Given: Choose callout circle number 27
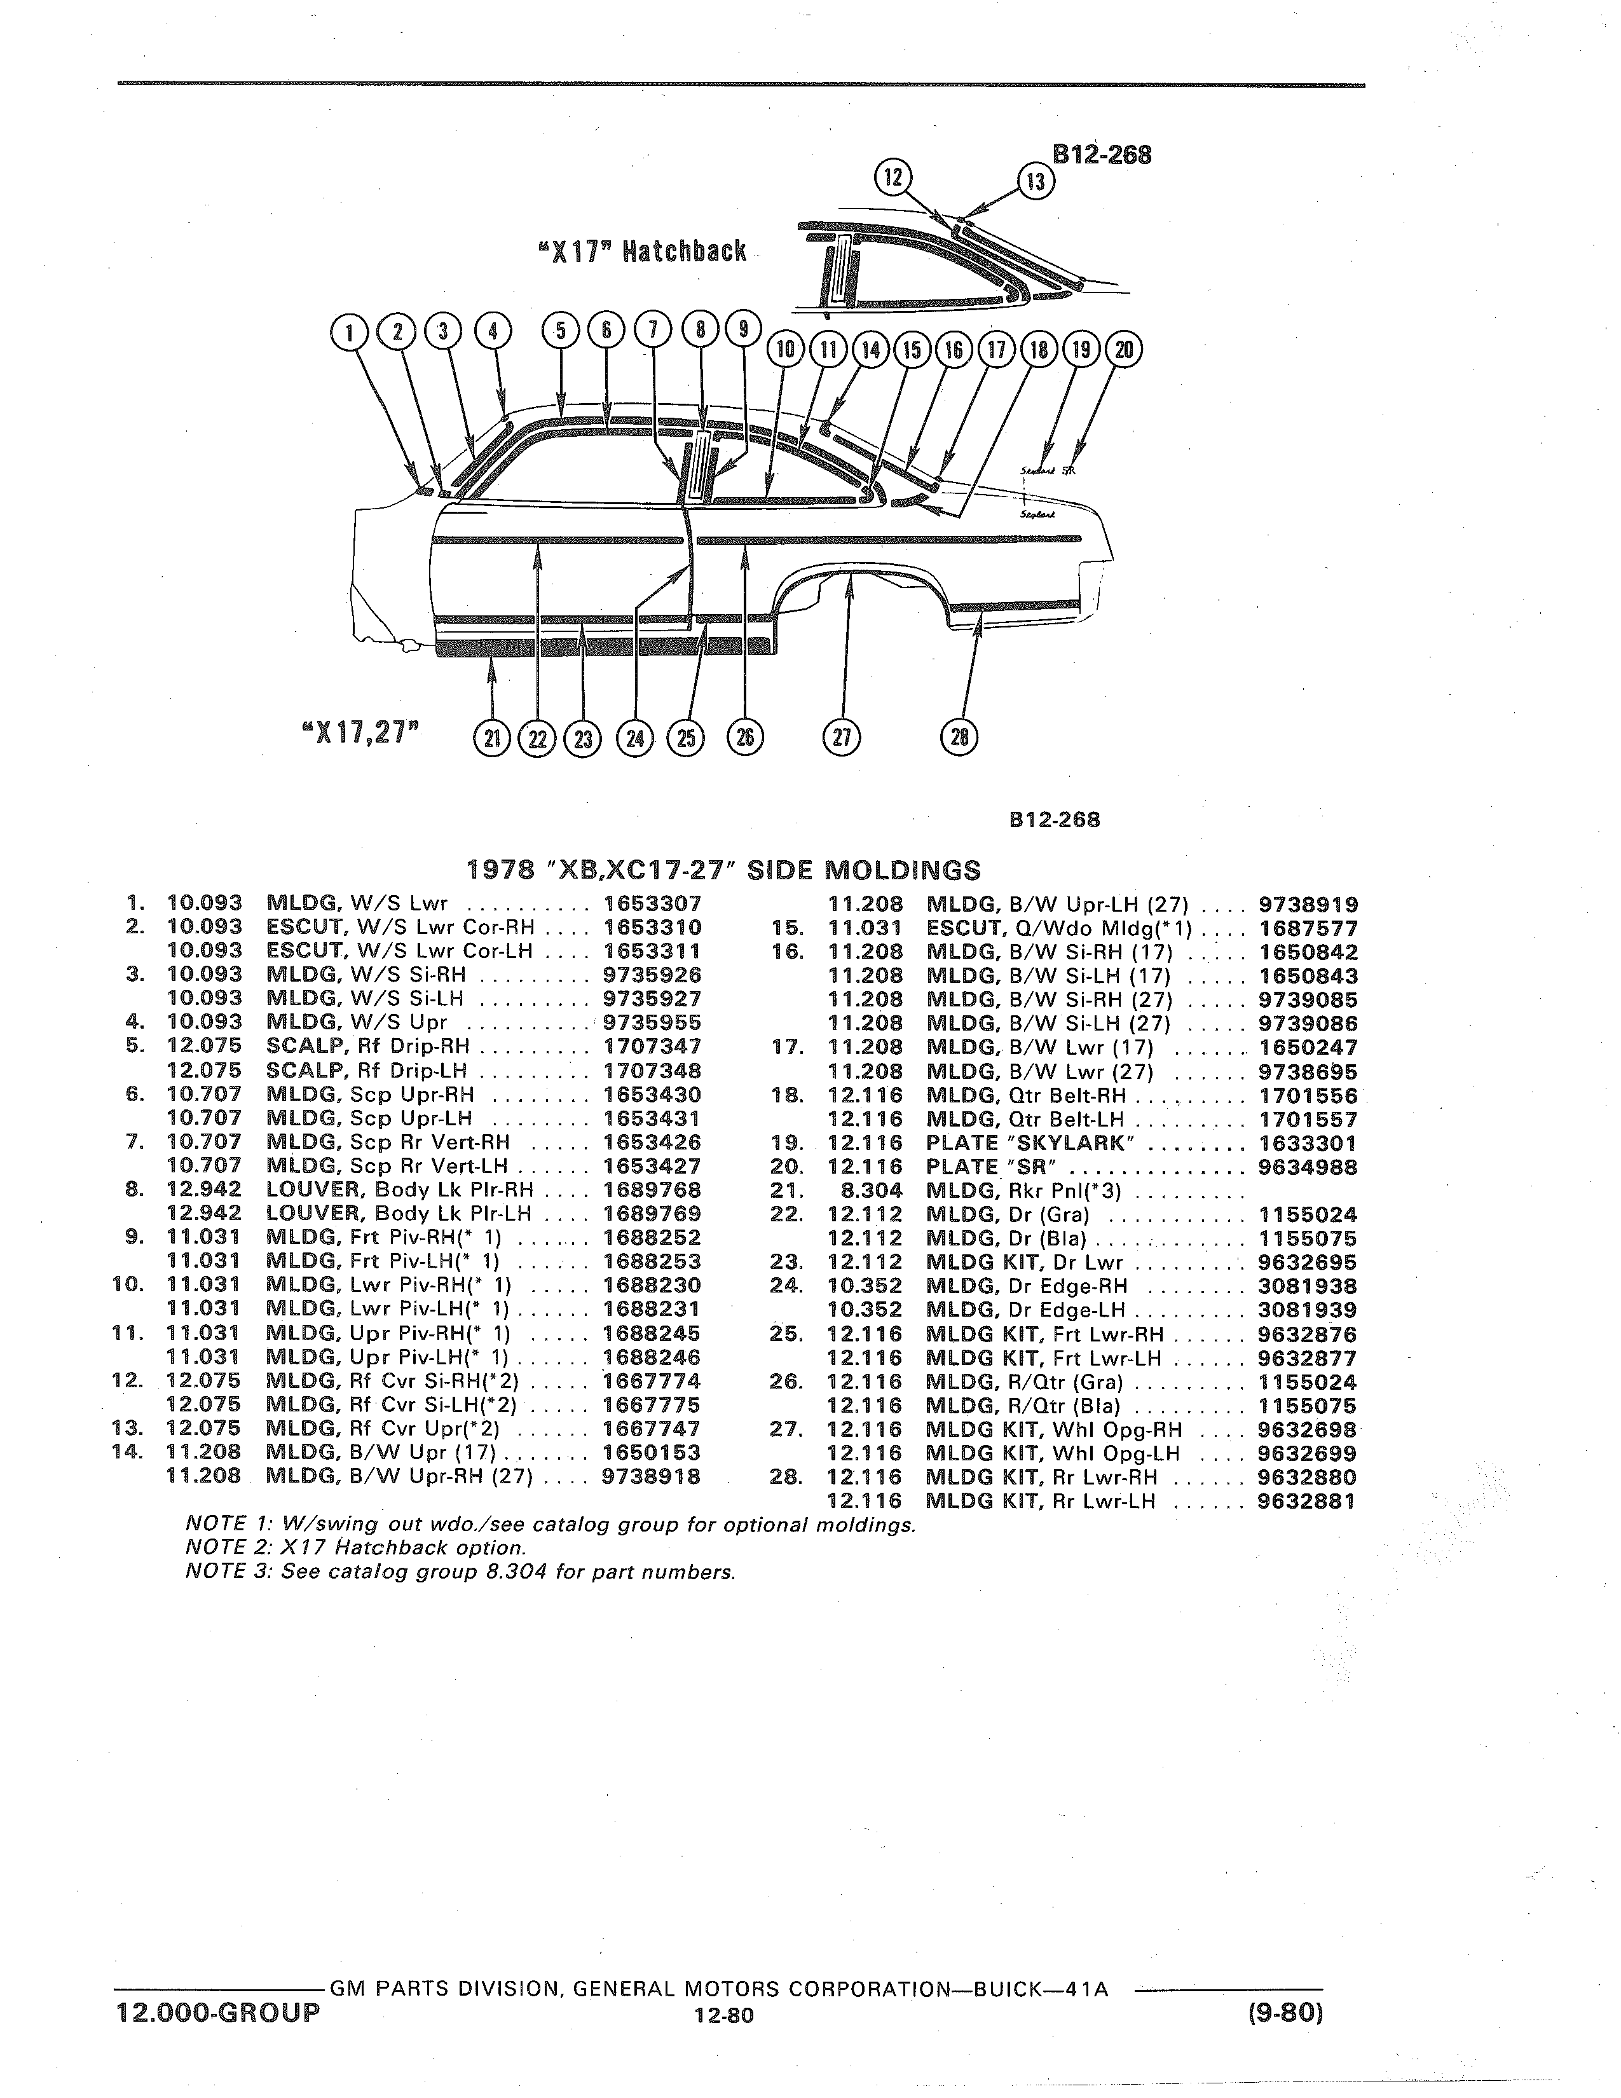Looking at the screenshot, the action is coord(842,737).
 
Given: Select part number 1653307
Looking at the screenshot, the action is coord(652,904).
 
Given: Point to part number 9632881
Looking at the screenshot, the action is coord(1307,1500).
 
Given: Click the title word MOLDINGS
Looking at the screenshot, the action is coord(903,870).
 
